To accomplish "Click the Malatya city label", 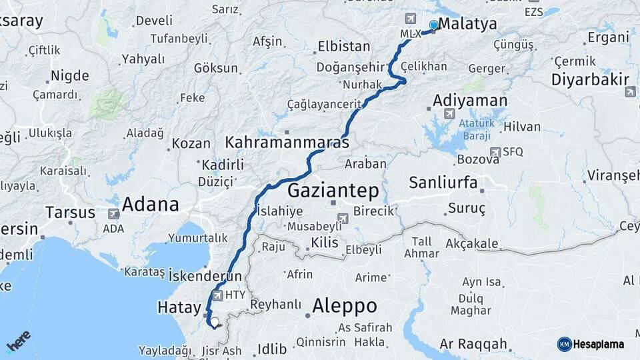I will pyautogui.click(x=467, y=25).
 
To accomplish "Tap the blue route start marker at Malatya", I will pyautogui.click(x=434, y=25).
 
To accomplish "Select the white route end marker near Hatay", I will pyautogui.click(x=215, y=322).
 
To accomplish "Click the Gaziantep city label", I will pyautogui.click(x=333, y=191).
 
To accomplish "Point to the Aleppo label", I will pyautogui.click(x=345, y=306).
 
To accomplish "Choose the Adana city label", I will pyautogui.click(x=150, y=204).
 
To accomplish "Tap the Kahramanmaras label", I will pyautogui.click(x=287, y=142).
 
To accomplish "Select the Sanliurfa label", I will pyautogui.click(x=443, y=182).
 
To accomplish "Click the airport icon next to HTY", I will pyautogui.click(x=217, y=294).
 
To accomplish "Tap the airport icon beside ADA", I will pyautogui.click(x=113, y=214).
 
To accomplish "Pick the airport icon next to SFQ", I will pyautogui.click(x=495, y=152).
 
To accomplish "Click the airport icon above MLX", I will pyautogui.click(x=411, y=19).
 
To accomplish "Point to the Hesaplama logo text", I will pyautogui.click(x=599, y=344).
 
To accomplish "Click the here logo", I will pyautogui.click(x=19, y=341).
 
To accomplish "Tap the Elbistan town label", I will pyautogui.click(x=344, y=47).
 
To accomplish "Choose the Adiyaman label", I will pyautogui.click(x=470, y=101).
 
